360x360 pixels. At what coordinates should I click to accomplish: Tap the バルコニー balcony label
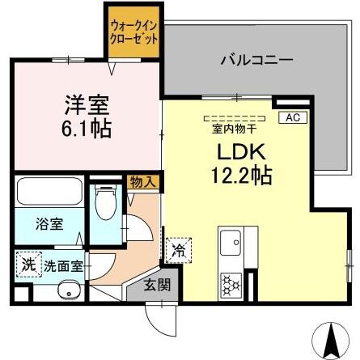257,60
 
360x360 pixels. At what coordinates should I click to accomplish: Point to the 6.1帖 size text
86,128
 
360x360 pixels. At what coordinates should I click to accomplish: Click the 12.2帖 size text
240,173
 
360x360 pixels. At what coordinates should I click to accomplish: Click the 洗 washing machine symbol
28,264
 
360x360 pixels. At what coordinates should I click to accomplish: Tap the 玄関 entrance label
157,284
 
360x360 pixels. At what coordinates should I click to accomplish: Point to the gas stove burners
230,283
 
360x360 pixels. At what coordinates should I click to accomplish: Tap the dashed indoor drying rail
239,115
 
